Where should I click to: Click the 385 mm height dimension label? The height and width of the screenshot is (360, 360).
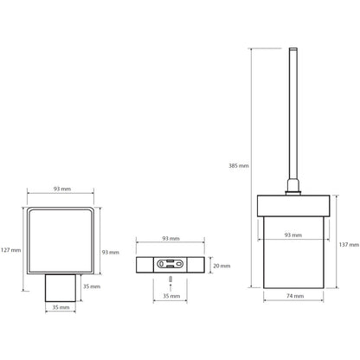point(239,166)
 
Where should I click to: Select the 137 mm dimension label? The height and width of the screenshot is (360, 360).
point(349,245)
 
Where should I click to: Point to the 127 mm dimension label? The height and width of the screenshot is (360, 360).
point(11,250)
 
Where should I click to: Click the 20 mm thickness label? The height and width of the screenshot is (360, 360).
point(222,266)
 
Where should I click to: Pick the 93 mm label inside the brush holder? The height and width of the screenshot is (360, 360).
point(293,235)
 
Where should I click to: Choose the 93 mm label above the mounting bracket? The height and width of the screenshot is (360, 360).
point(170,239)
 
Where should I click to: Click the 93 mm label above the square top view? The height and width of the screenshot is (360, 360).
point(62,189)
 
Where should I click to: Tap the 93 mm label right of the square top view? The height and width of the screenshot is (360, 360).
point(111,253)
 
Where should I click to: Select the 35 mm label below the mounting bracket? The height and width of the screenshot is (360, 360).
point(171,296)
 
